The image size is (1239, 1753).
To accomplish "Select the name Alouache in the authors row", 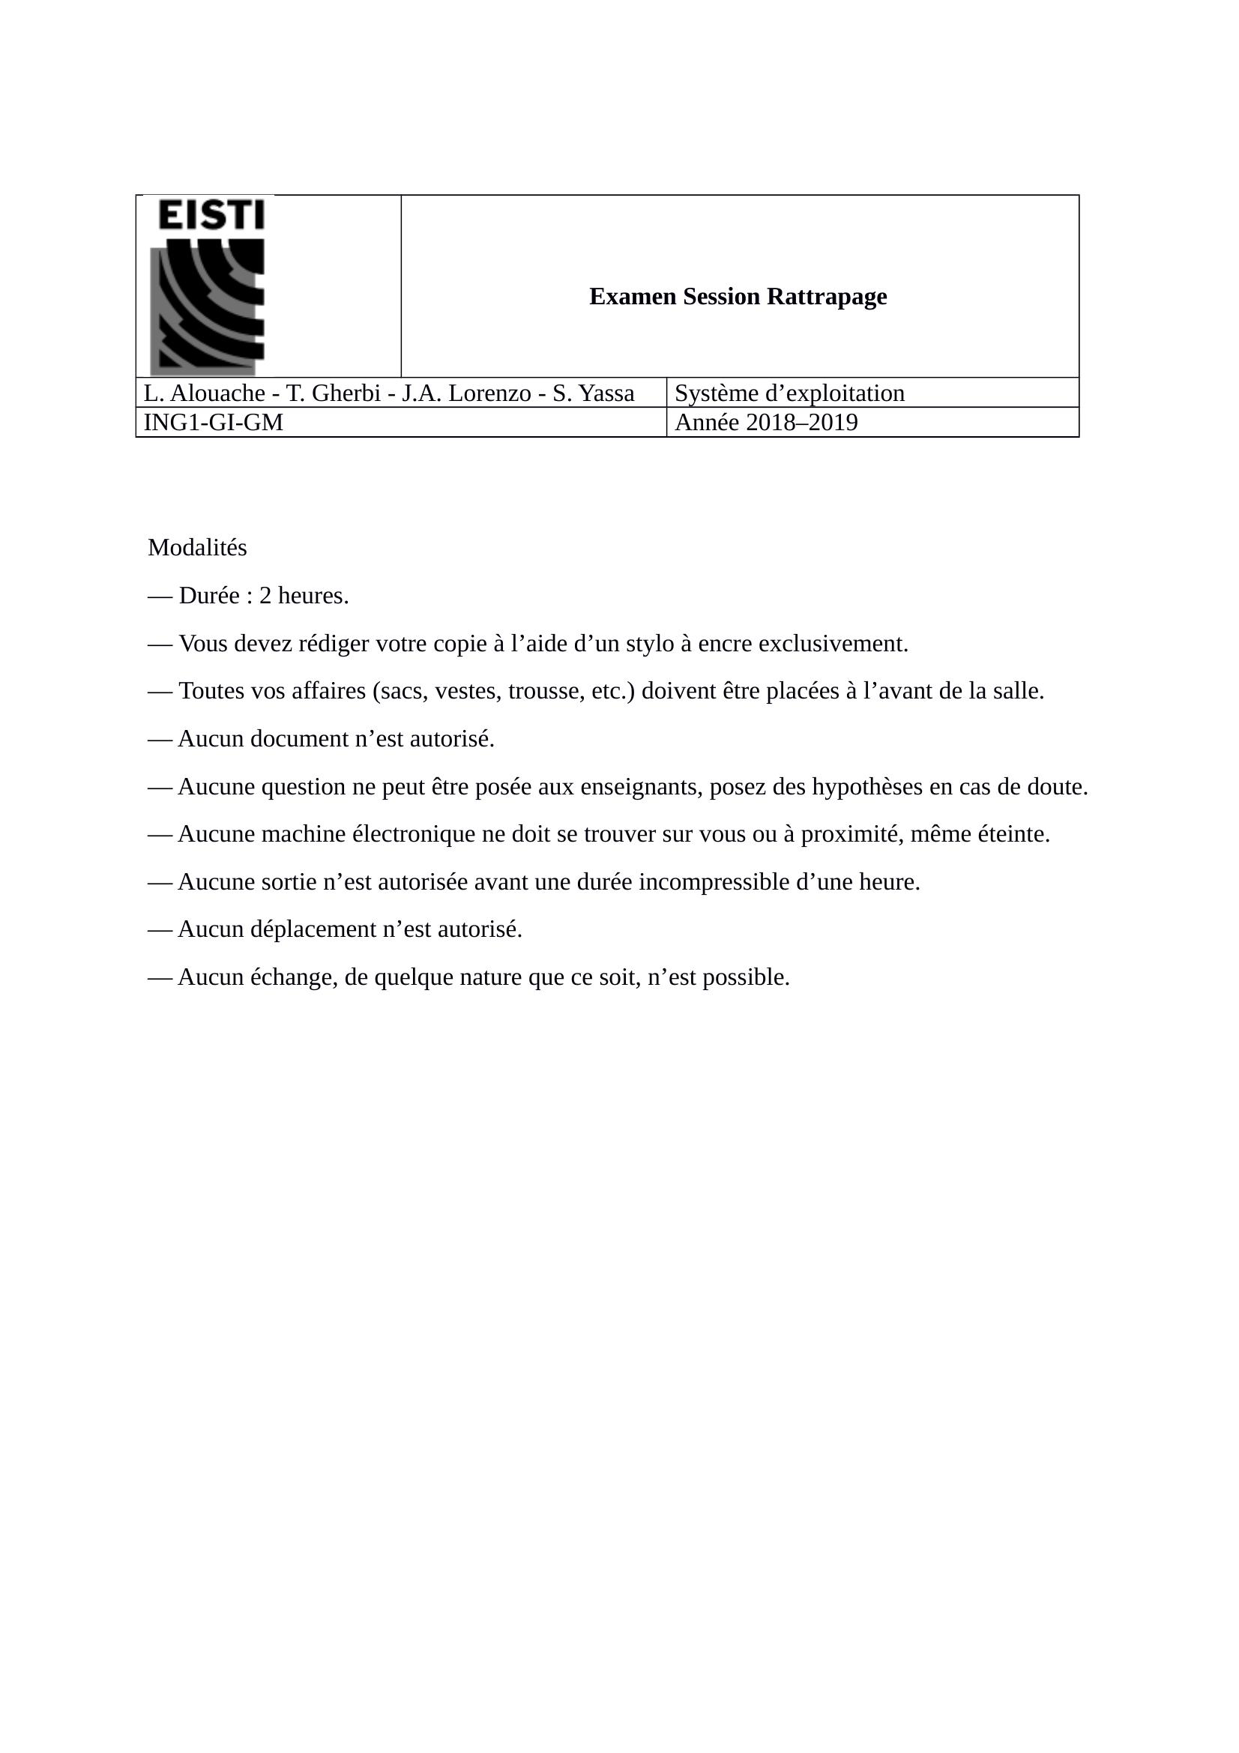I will [x=217, y=393].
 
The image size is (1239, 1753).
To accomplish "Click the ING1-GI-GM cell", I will [x=213, y=422].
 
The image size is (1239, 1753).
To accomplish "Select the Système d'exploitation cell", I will [x=789, y=393].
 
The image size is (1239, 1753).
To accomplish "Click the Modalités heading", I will [x=197, y=547].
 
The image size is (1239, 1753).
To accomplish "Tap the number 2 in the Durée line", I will [x=265, y=596].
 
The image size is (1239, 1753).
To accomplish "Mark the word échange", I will [x=294, y=977].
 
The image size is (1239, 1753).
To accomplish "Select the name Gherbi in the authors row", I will [x=343, y=393].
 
